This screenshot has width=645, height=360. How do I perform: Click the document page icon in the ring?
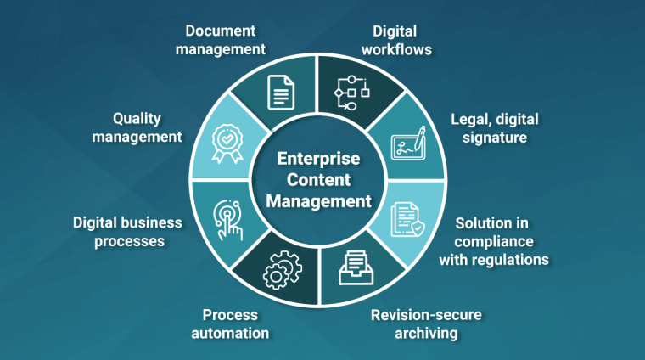click(281, 93)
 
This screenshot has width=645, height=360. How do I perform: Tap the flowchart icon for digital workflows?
click(351, 93)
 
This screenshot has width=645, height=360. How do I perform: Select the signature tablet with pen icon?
click(408, 143)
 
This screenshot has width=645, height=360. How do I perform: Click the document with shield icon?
click(407, 220)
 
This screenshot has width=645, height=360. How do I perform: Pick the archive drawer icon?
click(356, 267)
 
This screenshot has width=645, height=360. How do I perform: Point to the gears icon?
click(283, 270)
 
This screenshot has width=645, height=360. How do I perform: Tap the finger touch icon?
click(228, 220)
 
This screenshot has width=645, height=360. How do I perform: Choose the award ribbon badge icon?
click(227, 144)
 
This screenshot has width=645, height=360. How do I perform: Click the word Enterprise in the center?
click(318, 159)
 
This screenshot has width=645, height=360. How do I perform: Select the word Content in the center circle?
click(318, 180)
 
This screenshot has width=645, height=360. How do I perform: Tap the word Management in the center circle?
click(318, 201)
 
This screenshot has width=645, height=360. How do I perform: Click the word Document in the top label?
click(221, 31)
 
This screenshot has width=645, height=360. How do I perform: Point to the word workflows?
click(396, 49)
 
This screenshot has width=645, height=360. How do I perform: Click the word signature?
click(495, 138)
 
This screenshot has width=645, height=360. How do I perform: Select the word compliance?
click(494, 241)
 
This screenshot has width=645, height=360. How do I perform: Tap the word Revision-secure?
click(426, 315)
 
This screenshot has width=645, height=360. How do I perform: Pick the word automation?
click(230, 333)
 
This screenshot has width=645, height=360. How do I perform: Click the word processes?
click(130, 241)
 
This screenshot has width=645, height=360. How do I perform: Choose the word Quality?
click(137, 119)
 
